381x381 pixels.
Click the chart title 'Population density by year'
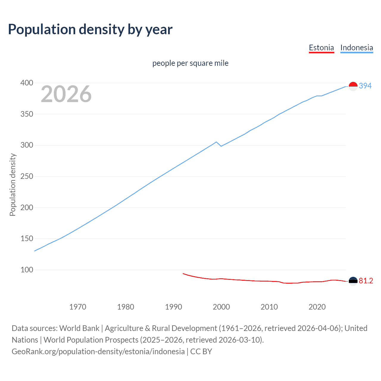(90, 29)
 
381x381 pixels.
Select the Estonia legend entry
(321, 48)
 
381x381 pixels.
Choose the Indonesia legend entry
(356, 48)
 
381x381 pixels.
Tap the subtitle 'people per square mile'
(190, 63)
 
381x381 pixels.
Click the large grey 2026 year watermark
(66, 94)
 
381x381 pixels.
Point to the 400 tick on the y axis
(26, 83)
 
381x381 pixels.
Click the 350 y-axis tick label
(26, 114)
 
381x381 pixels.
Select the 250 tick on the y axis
(26, 177)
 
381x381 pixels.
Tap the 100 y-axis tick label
(26, 270)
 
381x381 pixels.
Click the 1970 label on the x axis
(78, 307)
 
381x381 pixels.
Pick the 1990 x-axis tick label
(174, 307)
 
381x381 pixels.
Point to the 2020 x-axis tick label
(317, 307)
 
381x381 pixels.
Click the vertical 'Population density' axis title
(13, 185)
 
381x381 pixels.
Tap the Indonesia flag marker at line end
(353, 86)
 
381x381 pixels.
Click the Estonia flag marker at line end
(353, 281)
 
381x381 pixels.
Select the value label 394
(365, 86)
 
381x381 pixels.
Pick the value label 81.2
(366, 281)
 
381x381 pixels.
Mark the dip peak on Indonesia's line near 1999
(216, 142)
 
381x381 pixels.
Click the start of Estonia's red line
(183, 274)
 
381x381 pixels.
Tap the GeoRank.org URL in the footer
(98, 352)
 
